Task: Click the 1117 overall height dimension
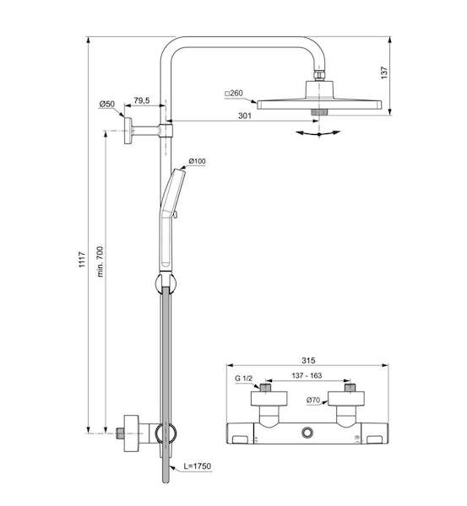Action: [x=83, y=260]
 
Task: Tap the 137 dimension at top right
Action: [x=383, y=73]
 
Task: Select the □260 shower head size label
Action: [x=234, y=94]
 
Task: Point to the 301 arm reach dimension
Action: [x=245, y=116]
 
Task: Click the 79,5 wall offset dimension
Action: [x=142, y=100]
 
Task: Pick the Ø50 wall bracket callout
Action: [x=107, y=104]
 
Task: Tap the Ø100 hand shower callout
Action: [x=197, y=161]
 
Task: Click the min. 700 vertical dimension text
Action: [x=100, y=261]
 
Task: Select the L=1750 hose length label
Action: [x=197, y=466]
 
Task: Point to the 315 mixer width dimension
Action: [x=308, y=360]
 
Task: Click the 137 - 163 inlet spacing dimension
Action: [x=307, y=375]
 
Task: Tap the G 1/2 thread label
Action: [x=243, y=378]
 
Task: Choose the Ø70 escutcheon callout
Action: [x=313, y=400]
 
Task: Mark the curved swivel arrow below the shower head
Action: [x=318, y=133]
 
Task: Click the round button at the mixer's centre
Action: [x=307, y=433]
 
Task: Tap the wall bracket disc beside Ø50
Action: [x=128, y=131]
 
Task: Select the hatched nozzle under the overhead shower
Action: [x=319, y=112]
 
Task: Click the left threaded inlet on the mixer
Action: [x=266, y=388]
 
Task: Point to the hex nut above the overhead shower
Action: [x=319, y=75]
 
